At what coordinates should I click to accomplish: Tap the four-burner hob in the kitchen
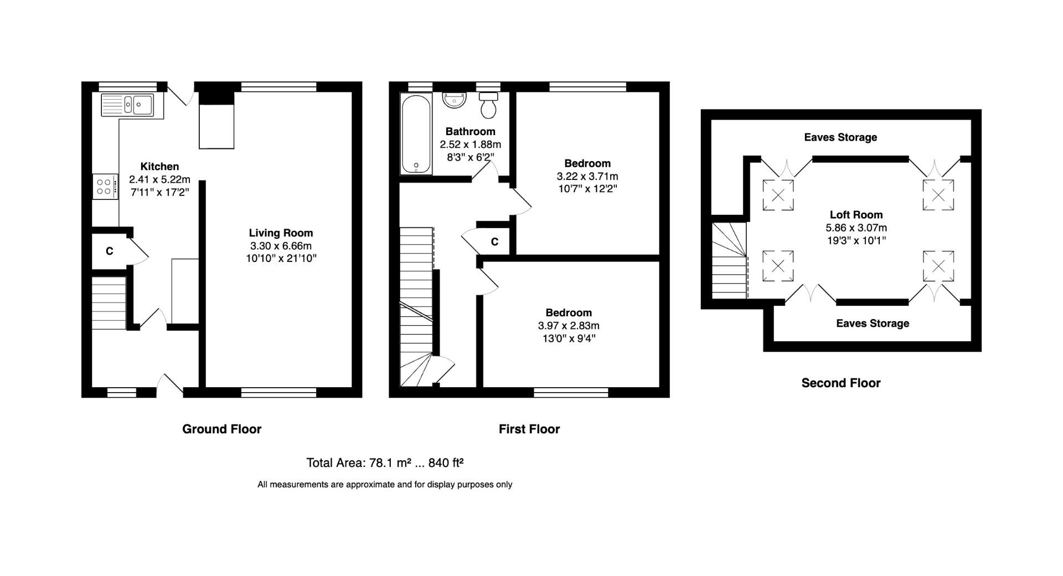coord(105,187)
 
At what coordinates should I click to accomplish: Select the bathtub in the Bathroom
coord(416,135)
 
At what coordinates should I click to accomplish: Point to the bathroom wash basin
coord(455,100)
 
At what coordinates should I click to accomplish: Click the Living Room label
coord(281,233)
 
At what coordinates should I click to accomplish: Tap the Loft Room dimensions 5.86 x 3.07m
coord(856,228)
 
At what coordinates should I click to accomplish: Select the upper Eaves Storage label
coord(840,137)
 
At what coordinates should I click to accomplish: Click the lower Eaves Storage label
coord(873,323)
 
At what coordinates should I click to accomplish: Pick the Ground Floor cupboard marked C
coord(109,251)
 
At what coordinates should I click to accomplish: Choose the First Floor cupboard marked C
coord(494,241)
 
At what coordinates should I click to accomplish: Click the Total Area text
coord(385,462)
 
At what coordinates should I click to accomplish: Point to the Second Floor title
coord(840,383)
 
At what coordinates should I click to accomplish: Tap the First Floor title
coord(529,429)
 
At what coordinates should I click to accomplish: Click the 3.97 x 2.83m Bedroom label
coord(569,313)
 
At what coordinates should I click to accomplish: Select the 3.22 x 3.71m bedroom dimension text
coord(587,176)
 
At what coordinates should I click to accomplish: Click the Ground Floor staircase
coord(109,303)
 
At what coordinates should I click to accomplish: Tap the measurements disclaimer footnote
coord(385,485)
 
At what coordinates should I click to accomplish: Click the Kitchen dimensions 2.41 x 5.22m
coord(159,179)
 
